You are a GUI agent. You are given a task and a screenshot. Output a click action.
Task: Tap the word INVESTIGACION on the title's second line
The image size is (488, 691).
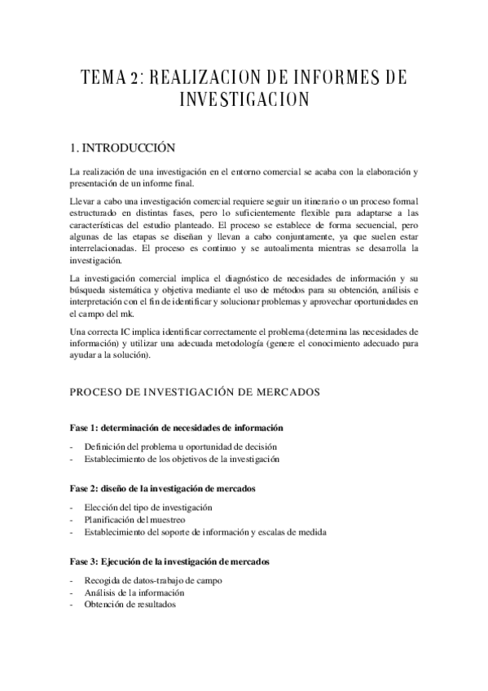[244, 100]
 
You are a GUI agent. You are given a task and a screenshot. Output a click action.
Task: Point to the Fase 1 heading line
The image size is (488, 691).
[176, 427]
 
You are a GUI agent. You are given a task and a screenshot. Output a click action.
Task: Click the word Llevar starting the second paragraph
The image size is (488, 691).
[85, 201]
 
